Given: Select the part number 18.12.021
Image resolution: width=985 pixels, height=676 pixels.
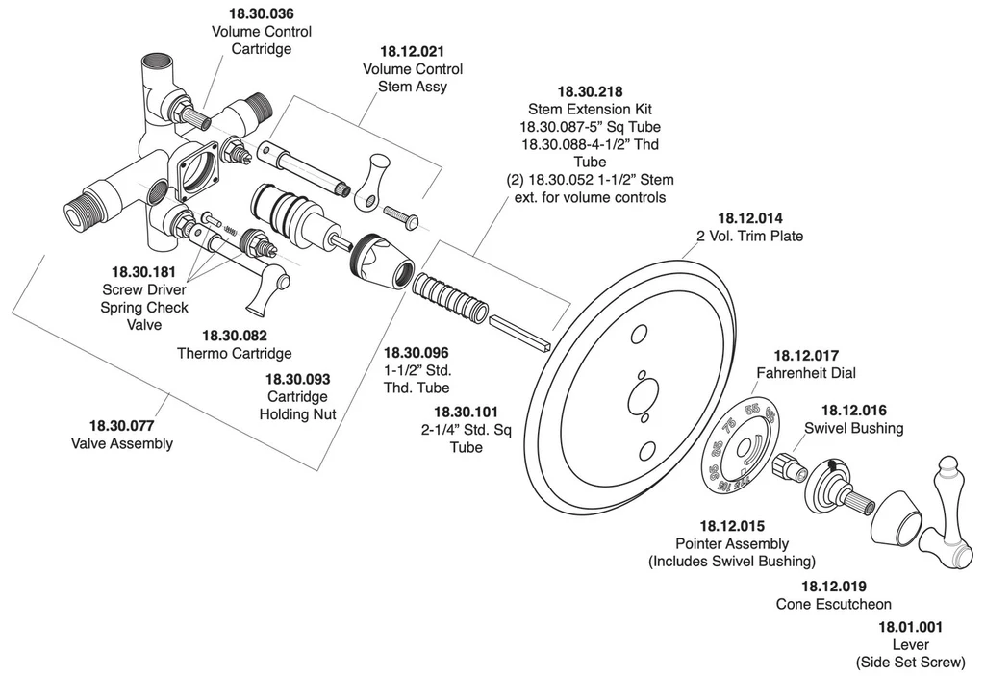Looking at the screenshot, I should pos(412,51).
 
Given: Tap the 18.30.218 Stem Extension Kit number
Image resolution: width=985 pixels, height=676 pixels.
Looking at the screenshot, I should pos(590,91).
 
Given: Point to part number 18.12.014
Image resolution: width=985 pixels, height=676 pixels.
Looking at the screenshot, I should pos(750,217).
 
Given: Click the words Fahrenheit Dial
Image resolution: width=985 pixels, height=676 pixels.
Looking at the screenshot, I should pos(805,372).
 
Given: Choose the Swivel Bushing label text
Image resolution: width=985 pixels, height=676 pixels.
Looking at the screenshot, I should pos(853,428).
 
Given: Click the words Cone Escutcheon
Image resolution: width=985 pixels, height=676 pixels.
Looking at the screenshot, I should pos(833,604).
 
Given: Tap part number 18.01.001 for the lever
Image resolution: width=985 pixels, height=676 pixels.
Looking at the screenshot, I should pos(910,627).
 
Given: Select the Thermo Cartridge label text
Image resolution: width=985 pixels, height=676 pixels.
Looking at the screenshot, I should pos(234,353).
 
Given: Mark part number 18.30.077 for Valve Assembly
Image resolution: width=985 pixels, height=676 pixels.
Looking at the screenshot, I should pos(121,425).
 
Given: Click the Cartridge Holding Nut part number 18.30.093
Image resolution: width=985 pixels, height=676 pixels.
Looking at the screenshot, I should pos(297,379).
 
